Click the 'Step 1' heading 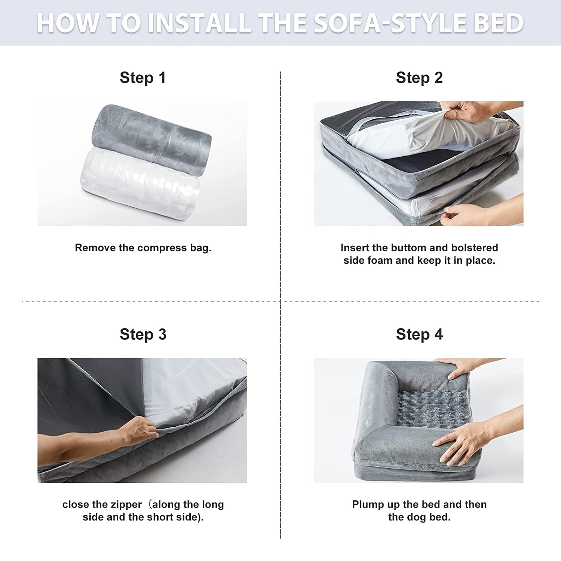[142, 78]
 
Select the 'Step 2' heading [419, 78]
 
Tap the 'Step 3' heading [143, 334]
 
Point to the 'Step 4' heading [419, 334]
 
